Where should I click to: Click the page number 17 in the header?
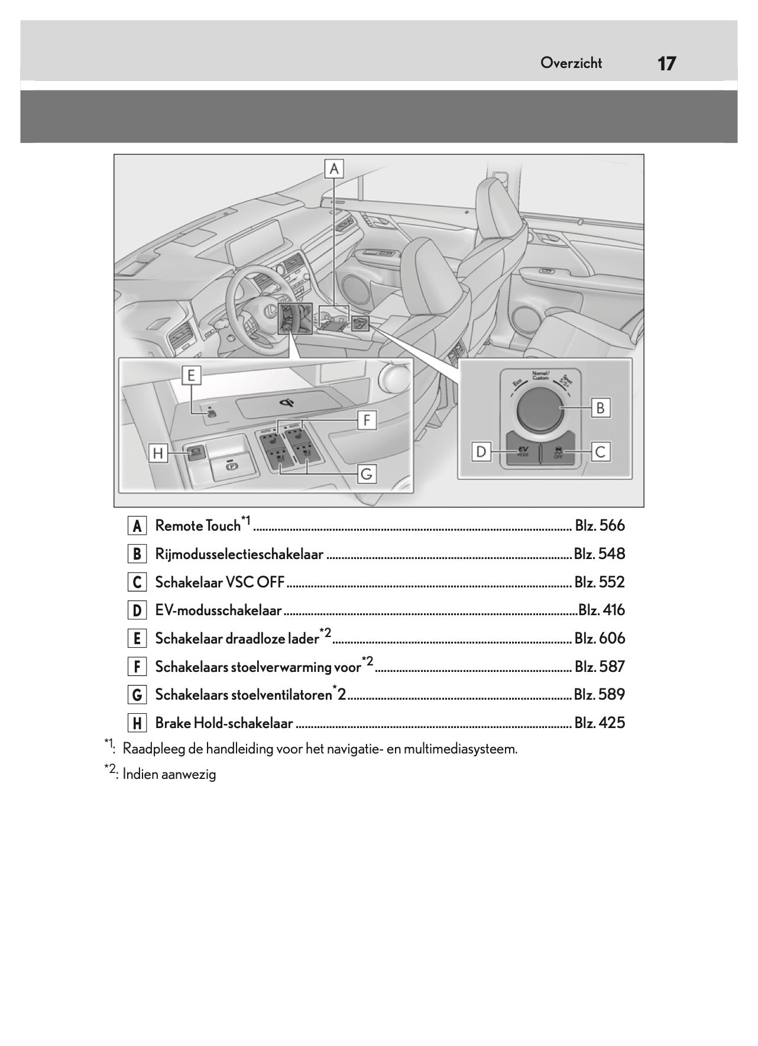click(666, 63)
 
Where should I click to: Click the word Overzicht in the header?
click(571, 63)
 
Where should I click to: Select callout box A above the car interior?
click(334, 169)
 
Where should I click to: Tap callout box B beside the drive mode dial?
click(601, 408)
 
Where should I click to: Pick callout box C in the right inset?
click(601, 453)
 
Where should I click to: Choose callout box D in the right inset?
click(481, 453)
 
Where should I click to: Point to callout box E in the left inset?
click(191, 375)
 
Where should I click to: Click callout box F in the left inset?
click(367, 421)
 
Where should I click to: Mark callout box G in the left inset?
click(367, 474)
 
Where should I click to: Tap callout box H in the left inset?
click(158, 454)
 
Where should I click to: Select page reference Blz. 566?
click(600, 525)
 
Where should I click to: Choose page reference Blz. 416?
click(601, 610)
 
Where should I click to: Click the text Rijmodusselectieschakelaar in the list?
click(239, 554)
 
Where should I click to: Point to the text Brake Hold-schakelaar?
click(224, 723)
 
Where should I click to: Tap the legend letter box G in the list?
click(137, 695)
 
